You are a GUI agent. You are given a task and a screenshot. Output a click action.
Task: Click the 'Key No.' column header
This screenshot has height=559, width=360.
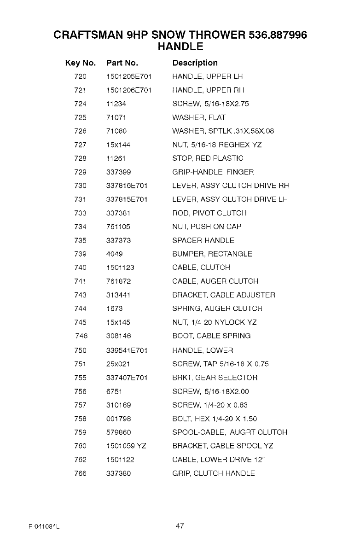[x=81, y=63]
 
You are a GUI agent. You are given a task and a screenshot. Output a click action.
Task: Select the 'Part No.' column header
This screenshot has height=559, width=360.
[x=122, y=63]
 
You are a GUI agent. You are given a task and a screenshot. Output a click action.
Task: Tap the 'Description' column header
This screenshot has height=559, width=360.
[x=195, y=63]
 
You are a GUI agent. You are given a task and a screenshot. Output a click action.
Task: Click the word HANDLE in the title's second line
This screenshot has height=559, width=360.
[x=180, y=47]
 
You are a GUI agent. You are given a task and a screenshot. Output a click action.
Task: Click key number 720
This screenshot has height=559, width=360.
[x=80, y=76]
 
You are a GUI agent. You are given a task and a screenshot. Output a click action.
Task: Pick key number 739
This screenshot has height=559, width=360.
[x=80, y=254]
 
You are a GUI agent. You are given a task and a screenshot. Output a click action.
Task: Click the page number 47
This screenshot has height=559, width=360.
[x=180, y=526]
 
